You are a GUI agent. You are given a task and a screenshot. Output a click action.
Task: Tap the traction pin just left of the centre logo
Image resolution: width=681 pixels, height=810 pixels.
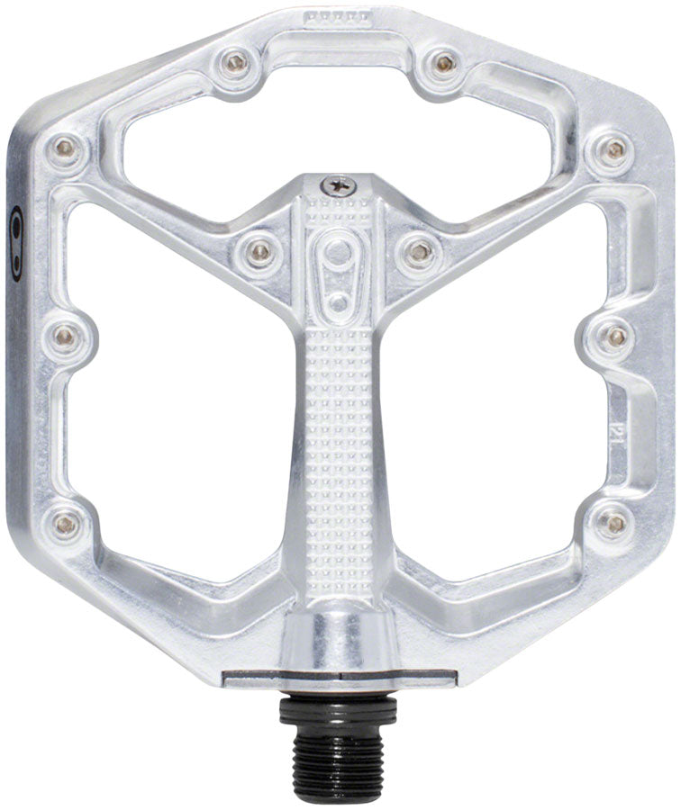pos(259,251)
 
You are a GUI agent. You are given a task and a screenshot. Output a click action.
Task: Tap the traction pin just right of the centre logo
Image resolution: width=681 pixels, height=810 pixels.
pos(417,251)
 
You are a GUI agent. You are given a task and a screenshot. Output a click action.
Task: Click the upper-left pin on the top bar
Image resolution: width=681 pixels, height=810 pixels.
pos(236,62)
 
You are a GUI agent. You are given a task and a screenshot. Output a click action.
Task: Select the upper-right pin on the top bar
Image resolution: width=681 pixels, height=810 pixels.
pos(442,62)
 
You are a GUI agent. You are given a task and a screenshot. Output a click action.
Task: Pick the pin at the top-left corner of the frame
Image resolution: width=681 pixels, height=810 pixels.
pos(65,147)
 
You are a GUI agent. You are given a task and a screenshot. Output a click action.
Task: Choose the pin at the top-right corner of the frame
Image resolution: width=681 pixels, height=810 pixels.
pos(614,148)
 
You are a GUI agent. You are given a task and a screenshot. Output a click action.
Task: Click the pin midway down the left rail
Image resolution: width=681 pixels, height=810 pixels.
pos(65,336)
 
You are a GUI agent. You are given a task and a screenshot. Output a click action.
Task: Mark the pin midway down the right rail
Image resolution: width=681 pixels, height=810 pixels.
pos(616,337)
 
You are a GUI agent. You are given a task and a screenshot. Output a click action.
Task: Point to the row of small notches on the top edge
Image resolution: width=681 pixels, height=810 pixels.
pos(339,16)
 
